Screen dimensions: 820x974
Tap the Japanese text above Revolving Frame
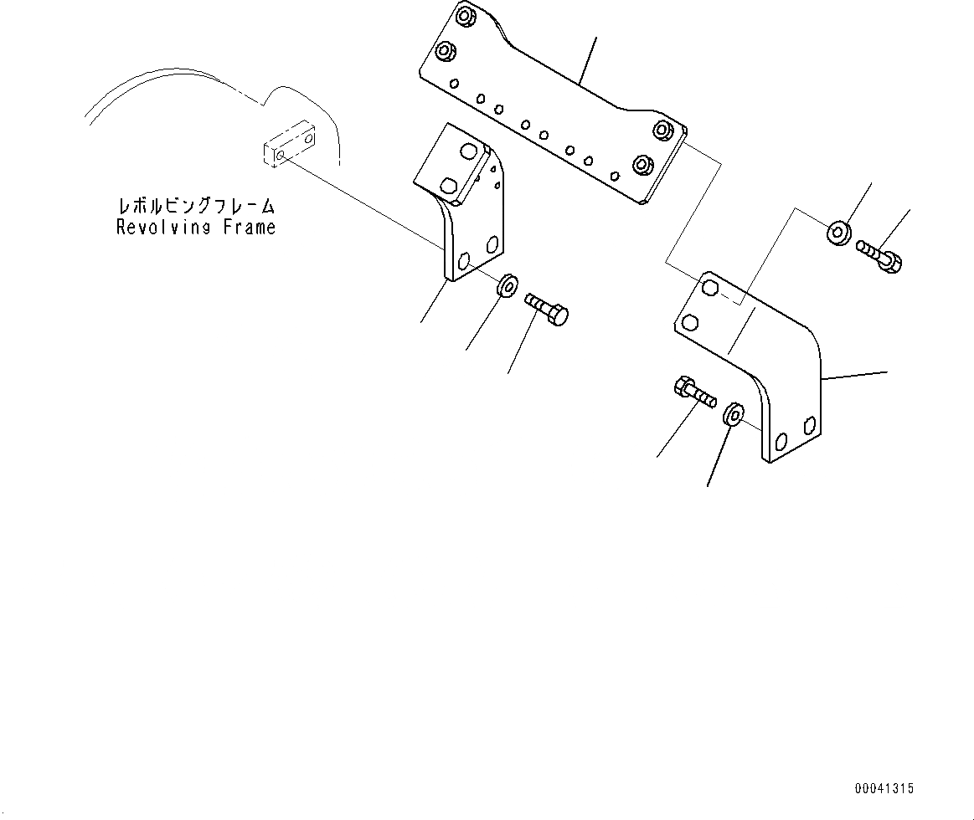(196, 206)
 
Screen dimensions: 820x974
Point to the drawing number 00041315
(884, 789)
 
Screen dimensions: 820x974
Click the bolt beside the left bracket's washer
(547, 309)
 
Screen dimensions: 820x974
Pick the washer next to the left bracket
(506, 286)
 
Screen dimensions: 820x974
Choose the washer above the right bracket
(838, 233)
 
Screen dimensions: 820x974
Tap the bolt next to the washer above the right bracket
(879, 256)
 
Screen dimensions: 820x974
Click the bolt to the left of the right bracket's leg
(693, 393)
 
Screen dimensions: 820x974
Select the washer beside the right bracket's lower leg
(733, 413)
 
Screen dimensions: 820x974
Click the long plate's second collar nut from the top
(446, 52)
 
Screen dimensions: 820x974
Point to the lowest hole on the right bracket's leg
(781, 441)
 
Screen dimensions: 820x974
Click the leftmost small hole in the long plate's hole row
(453, 83)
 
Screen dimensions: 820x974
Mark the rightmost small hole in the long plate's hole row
(616, 176)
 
